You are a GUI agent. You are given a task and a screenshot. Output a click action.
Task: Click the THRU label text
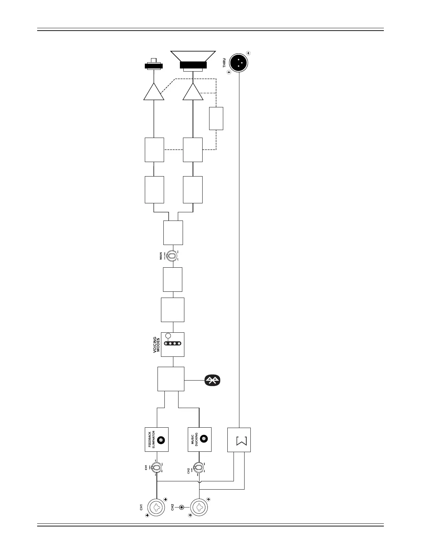(x=224, y=63)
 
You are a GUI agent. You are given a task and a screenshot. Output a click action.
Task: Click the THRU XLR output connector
(x=239, y=62)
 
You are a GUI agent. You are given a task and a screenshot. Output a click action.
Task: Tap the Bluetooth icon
(x=213, y=380)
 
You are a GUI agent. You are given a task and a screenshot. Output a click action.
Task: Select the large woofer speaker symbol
(x=193, y=61)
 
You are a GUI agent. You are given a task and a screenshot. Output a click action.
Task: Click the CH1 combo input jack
(x=157, y=507)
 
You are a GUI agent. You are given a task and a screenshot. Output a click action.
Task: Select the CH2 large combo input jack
(x=199, y=507)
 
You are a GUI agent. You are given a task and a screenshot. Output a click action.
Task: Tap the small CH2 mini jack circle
(x=182, y=507)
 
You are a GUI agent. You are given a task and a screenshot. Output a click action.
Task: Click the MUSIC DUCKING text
(x=194, y=440)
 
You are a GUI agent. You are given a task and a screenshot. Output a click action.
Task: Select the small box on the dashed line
(x=216, y=118)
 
